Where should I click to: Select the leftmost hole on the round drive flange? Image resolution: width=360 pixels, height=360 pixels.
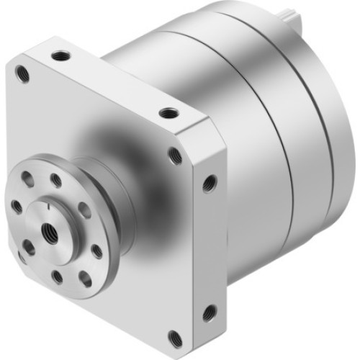17,207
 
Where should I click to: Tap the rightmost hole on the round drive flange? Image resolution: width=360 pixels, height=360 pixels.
96,251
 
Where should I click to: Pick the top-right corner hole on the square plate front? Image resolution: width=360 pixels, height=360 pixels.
175,154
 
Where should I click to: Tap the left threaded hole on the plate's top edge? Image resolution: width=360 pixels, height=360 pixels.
58,55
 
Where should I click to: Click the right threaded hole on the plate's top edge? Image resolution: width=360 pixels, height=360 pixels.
168,113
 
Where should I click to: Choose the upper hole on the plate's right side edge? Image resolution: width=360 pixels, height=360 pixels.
209,184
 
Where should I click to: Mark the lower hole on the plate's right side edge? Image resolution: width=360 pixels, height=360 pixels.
209,312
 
